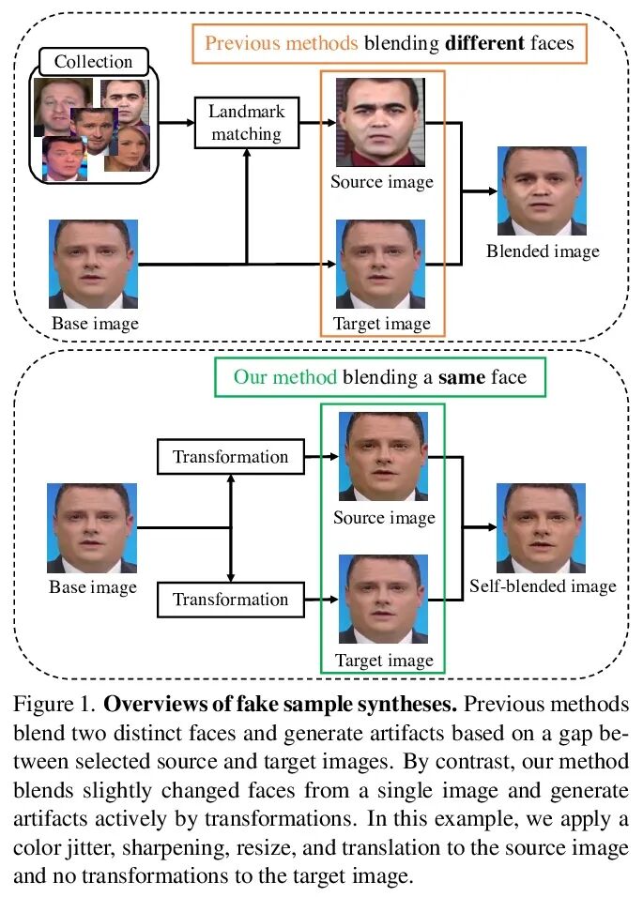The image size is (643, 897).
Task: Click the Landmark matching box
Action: coord(246,123)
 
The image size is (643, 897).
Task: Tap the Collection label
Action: coord(93,62)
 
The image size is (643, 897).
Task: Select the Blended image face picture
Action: coord(543,191)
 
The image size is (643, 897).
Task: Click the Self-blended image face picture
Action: coord(543,527)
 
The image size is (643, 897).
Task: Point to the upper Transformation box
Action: coord(230,457)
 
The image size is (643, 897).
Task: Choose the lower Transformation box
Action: coord(230,599)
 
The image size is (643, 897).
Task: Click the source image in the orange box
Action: coord(381,119)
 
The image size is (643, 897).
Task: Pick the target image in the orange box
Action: coord(381,265)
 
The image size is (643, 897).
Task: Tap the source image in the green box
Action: coord(382,457)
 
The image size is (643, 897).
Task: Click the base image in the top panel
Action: coord(94,265)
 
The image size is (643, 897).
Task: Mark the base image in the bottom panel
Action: coord(93,527)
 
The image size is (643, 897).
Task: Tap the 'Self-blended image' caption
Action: coord(543,586)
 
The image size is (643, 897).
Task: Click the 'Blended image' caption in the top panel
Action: coord(543,251)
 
